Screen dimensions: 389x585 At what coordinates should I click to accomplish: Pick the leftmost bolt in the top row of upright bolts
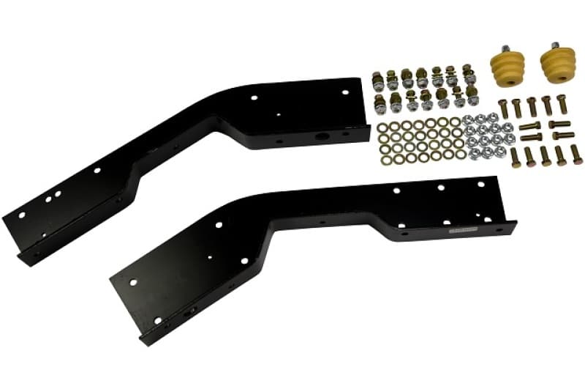503,108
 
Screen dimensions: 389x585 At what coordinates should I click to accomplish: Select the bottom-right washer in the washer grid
460,154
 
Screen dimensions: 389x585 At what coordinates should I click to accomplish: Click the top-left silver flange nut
469,119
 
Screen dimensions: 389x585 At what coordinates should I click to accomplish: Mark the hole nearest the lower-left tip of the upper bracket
21,214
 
